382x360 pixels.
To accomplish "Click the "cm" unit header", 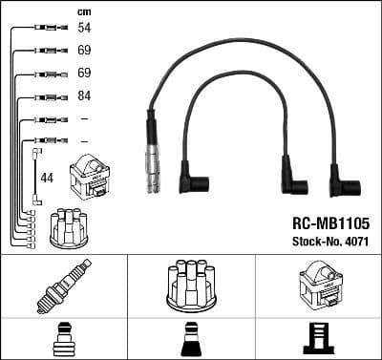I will tap(83, 11).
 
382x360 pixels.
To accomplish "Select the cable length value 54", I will tap(83, 30).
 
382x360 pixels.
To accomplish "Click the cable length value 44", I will tap(47, 177).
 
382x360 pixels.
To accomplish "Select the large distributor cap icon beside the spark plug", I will tap(190, 285).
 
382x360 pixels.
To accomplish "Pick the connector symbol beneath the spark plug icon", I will tap(63, 340).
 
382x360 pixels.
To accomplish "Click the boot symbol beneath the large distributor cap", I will tap(190, 340).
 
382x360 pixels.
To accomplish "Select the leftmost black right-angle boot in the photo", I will tap(199, 181).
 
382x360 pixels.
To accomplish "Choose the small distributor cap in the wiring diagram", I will tap(70, 225).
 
